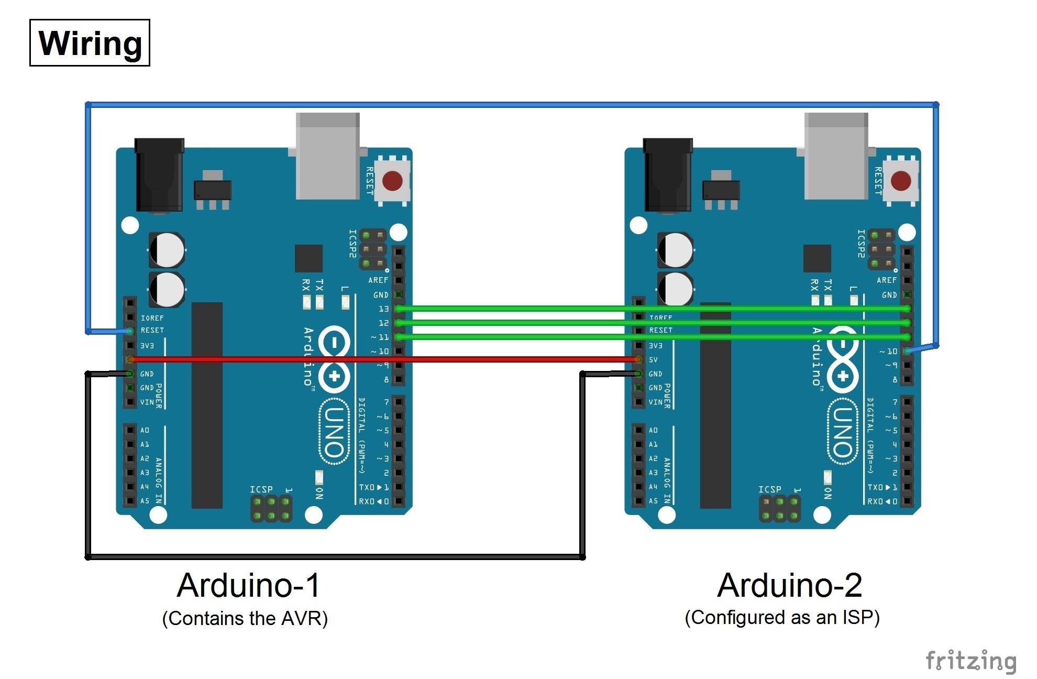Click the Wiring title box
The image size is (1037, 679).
coord(90,43)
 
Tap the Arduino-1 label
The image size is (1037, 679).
coord(248,585)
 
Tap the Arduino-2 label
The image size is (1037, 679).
coord(789,585)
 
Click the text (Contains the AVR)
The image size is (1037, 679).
coord(245,618)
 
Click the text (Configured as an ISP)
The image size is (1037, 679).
coord(782,617)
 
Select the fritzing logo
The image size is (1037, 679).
coord(970,661)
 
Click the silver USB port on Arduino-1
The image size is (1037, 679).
coord(328,156)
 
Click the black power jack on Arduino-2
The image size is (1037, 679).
coord(667,174)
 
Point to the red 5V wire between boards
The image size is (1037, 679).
coord(382,359)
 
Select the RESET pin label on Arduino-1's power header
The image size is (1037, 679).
coord(152,331)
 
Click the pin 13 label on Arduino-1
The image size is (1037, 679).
coord(384,309)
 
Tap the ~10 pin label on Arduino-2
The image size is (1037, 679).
coord(888,351)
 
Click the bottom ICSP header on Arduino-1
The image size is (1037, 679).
coord(271,509)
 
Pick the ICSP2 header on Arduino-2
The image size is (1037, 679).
coord(881,249)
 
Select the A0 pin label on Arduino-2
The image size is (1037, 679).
coord(653,430)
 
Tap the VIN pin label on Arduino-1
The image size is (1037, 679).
coord(147,402)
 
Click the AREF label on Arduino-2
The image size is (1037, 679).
coord(886,280)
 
